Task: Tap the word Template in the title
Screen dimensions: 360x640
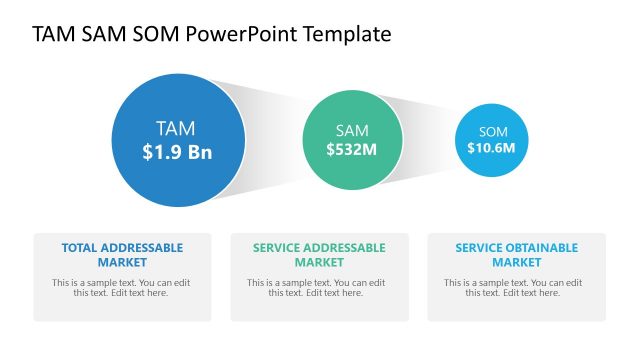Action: (x=345, y=34)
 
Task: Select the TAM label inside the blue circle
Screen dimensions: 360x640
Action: (x=176, y=128)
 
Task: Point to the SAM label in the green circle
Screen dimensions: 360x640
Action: (x=352, y=130)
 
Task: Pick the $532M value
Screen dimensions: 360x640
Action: (x=352, y=149)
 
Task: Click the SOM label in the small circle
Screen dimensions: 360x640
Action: (x=493, y=132)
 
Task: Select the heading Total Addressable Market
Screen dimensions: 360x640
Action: (x=122, y=254)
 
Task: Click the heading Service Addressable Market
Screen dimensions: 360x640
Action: (x=319, y=254)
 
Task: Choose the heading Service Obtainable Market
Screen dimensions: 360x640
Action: (x=516, y=254)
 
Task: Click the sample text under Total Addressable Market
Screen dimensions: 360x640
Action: (x=122, y=288)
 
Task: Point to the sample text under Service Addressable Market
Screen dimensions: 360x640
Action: (x=319, y=288)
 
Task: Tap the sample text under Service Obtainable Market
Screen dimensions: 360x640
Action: (x=516, y=288)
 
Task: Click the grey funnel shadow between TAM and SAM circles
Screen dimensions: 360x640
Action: (x=270, y=139)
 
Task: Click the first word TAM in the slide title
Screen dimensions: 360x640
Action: (x=53, y=34)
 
